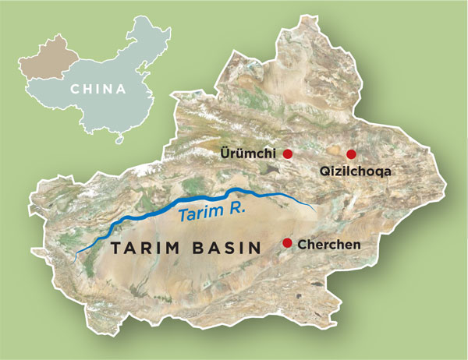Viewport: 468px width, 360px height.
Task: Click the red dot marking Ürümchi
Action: click(287, 154)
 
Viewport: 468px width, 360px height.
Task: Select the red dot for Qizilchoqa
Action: click(351, 154)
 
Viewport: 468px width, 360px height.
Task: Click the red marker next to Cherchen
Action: click(287, 244)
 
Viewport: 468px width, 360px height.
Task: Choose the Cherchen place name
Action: click(328, 245)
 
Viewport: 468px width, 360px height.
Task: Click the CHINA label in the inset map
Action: click(97, 88)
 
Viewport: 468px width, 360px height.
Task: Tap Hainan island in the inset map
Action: click(119, 140)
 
